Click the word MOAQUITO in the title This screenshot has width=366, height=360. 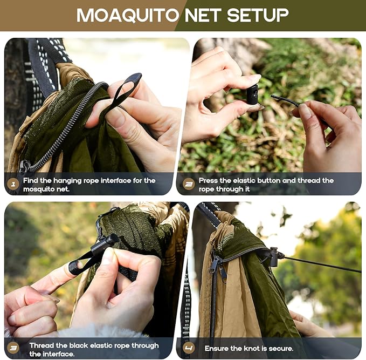(127, 15)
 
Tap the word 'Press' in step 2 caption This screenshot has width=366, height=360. (209, 180)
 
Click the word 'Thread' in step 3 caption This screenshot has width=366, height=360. (42, 345)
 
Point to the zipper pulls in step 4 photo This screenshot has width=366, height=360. (217, 267)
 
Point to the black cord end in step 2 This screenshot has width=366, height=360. (283, 99)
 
